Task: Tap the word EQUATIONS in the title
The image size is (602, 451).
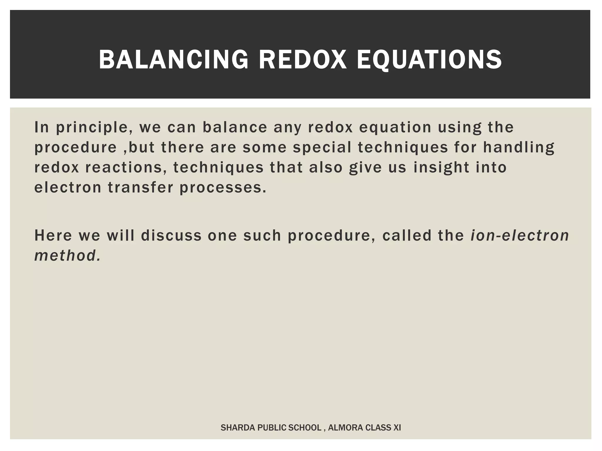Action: click(x=429, y=60)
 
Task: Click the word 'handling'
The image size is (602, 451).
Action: click(x=519, y=147)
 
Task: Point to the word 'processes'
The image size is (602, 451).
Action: click(x=223, y=188)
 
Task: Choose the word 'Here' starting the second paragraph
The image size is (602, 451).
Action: click(x=53, y=235)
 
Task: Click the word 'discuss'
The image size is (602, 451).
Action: click(x=171, y=235)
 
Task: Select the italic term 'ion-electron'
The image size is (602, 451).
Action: click(x=520, y=235)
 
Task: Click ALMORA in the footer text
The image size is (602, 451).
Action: click(x=345, y=428)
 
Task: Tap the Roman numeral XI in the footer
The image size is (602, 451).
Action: click(x=397, y=428)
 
